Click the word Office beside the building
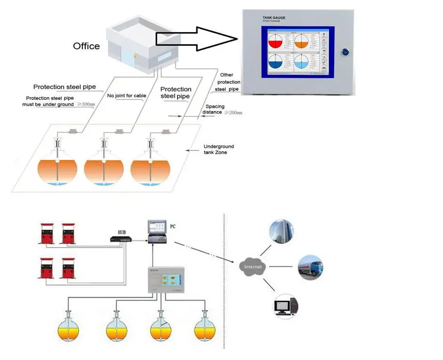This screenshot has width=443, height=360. pos(86,46)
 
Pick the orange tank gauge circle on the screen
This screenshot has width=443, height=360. pos(301,41)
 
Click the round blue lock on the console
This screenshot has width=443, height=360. pos(346,52)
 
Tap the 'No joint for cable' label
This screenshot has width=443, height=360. pos(127,96)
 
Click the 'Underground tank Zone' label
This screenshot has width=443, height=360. pos(218,149)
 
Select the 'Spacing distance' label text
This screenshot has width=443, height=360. pos(215,110)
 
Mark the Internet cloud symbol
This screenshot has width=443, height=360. pos(253,267)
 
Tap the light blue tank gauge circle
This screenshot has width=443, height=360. pos(301,63)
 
